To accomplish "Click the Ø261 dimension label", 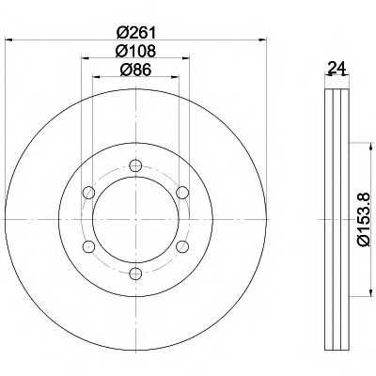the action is [x=136, y=32].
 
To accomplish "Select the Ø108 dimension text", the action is [x=135, y=51].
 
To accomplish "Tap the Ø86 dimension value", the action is [x=135, y=70].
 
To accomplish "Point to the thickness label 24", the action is [x=337, y=68].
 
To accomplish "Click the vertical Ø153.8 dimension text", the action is [x=364, y=219].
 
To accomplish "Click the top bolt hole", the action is [x=135, y=165].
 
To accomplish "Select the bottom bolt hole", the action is [x=135, y=274].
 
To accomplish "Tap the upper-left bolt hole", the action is [x=88, y=193].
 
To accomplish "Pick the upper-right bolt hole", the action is [x=182, y=193].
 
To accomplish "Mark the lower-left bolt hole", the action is [x=88, y=246].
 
